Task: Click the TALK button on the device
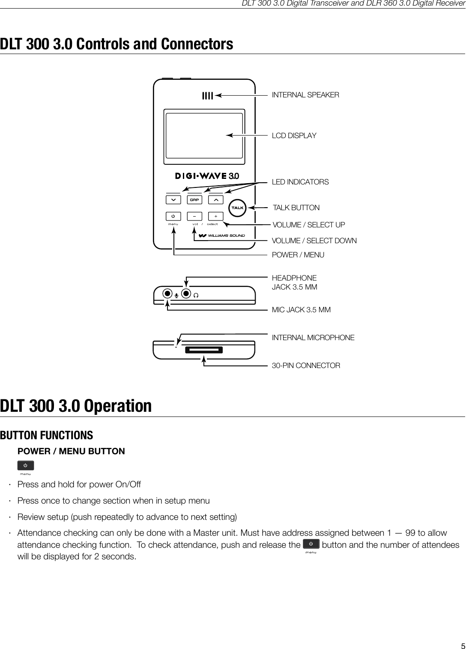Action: click(x=237, y=208)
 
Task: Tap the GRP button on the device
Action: click(x=194, y=200)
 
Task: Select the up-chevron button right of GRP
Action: click(x=216, y=200)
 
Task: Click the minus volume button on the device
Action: click(x=194, y=216)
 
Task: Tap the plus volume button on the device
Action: click(x=216, y=216)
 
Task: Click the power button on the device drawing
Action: click(x=173, y=216)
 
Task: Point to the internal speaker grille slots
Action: click(x=207, y=96)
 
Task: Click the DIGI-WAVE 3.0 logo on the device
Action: click(x=207, y=176)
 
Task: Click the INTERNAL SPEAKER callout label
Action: click(x=305, y=95)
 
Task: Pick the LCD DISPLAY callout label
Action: click(x=294, y=136)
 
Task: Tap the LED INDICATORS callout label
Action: click(x=300, y=182)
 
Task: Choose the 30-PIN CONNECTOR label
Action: click(x=306, y=365)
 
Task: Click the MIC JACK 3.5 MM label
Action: click(x=301, y=310)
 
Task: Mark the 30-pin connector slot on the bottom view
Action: click(x=204, y=350)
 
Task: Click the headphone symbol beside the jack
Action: click(x=196, y=295)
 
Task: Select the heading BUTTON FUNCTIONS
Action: click(x=46, y=435)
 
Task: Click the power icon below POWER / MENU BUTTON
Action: click(x=26, y=465)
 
